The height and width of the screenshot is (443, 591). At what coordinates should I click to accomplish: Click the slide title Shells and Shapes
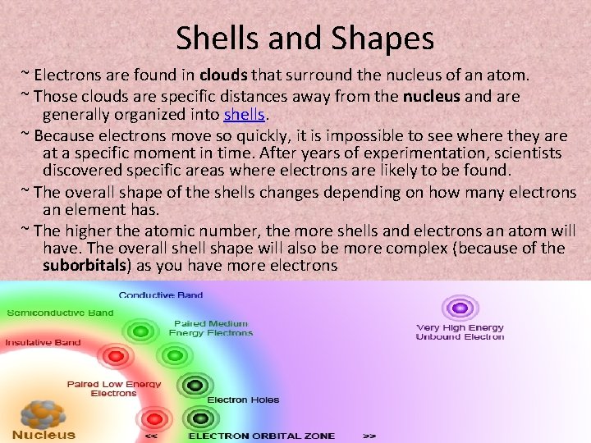[305, 38]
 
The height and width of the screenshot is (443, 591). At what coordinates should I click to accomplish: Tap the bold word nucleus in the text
[431, 96]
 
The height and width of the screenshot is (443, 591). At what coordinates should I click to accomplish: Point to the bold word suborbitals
[85, 265]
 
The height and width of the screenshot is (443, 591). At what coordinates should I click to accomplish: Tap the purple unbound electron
[460, 308]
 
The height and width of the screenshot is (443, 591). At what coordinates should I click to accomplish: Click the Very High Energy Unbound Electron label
[460, 331]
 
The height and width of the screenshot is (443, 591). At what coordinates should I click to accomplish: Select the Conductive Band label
[161, 295]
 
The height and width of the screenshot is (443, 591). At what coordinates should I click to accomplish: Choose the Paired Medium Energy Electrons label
[211, 328]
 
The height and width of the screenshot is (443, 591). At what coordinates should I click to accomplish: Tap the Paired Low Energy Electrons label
[114, 388]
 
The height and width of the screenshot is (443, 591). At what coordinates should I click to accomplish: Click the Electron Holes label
[243, 400]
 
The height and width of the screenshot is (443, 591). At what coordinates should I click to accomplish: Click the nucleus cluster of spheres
[38, 413]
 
